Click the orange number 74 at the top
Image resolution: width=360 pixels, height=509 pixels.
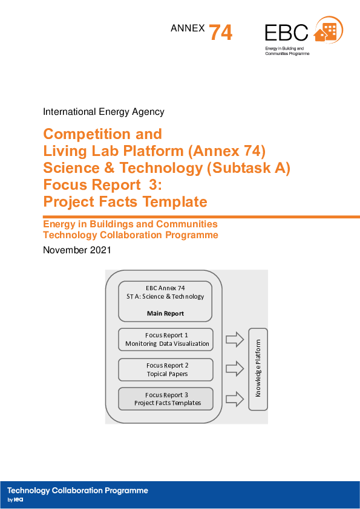221,33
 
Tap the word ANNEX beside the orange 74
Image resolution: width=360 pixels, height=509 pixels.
188,28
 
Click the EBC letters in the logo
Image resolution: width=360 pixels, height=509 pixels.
286,33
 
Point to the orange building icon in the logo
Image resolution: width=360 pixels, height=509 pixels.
328,31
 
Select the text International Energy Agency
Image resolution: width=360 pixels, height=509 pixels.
103,112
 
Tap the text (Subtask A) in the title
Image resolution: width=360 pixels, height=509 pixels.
249,167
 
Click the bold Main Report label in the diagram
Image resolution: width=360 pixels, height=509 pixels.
165,314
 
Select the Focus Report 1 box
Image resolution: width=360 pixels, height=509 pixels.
166,339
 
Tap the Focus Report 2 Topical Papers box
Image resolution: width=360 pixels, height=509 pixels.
166,369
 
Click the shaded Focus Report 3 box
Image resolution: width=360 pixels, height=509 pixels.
166,398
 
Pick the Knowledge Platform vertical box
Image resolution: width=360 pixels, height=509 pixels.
258,369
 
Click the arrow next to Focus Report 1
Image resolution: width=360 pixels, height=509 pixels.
233,339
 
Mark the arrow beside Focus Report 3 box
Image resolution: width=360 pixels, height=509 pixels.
233,398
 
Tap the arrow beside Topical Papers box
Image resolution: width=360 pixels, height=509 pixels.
233,369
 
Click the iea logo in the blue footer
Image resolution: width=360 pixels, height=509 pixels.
18,501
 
